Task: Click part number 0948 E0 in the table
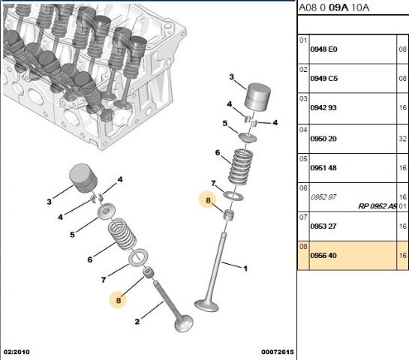pyautogui.click(x=324, y=49)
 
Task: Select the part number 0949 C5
pyautogui.click(x=324, y=78)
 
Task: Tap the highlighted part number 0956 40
pyautogui.click(x=324, y=255)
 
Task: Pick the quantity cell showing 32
pyautogui.click(x=403, y=138)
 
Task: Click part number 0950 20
pyautogui.click(x=324, y=138)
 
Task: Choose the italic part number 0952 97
pyautogui.click(x=323, y=196)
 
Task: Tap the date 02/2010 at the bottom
pyautogui.click(x=17, y=352)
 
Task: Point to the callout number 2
pyautogui.click(x=137, y=322)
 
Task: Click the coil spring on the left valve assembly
pyautogui.click(x=121, y=236)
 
